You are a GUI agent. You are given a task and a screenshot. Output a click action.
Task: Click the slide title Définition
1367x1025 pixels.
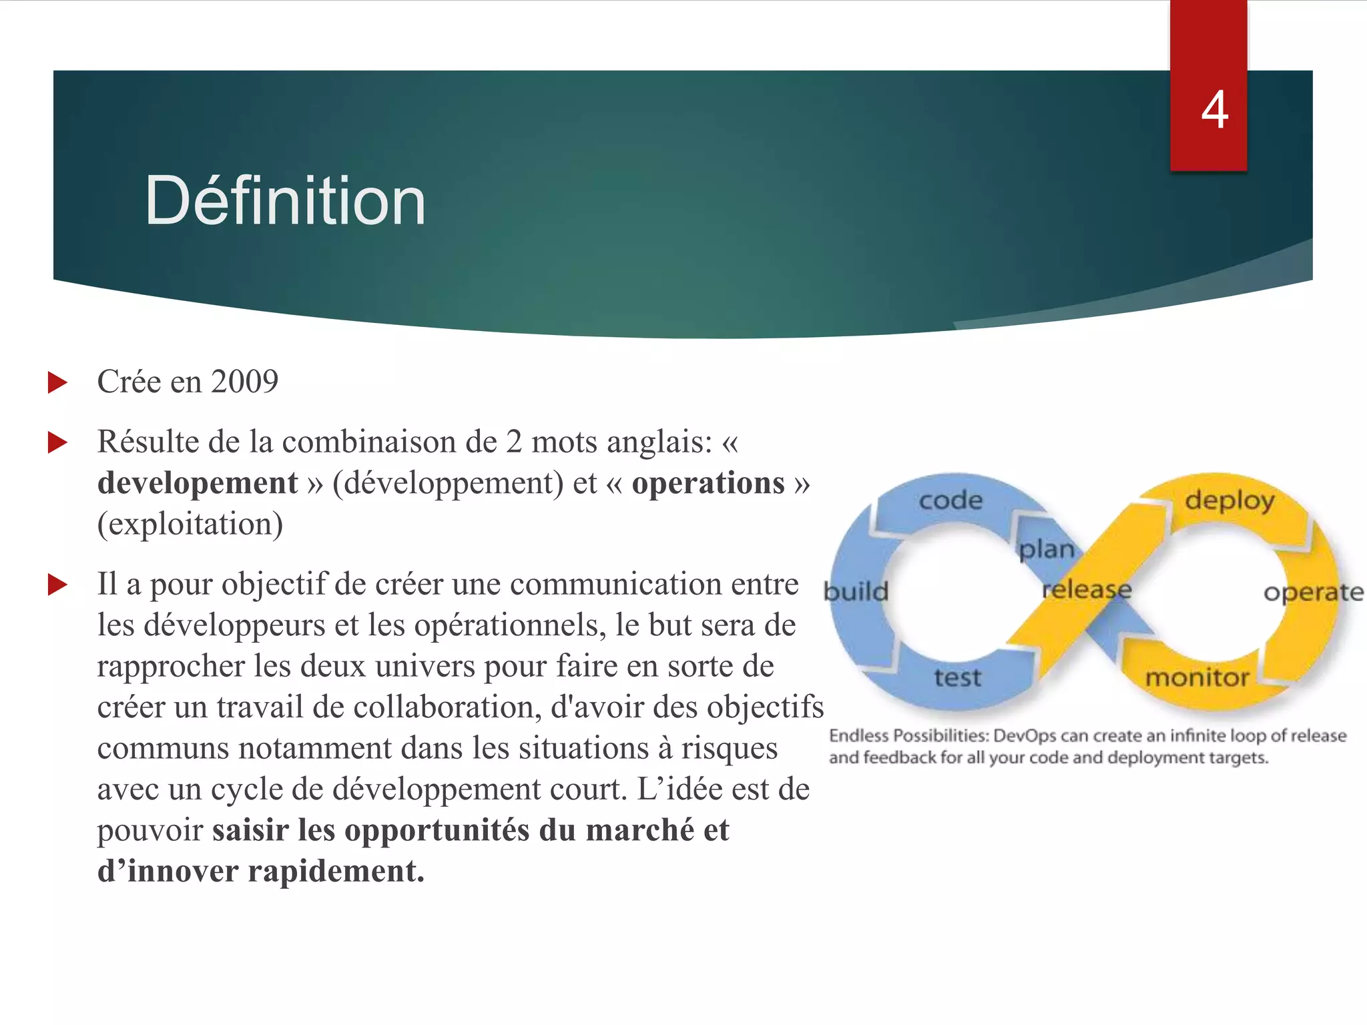(285, 200)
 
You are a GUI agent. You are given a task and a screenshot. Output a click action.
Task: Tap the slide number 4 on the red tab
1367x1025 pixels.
(1214, 110)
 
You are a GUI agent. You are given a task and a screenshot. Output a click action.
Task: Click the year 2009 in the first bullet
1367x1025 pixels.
(244, 382)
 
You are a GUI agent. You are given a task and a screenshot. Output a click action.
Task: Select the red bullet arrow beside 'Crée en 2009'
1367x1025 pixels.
(58, 383)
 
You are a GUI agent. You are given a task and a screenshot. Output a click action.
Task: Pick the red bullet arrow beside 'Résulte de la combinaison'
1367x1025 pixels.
(58, 442)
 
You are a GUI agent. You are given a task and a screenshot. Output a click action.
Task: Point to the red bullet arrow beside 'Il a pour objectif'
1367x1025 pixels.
(58, 585)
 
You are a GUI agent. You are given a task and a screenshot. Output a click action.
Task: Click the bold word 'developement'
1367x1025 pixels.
(198, 483)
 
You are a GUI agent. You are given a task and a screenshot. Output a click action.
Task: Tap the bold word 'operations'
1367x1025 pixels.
(708, 483)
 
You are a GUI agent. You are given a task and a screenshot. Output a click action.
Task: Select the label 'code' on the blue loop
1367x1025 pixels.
(950, 500)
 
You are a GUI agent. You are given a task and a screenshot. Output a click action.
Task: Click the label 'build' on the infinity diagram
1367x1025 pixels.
(856, 591)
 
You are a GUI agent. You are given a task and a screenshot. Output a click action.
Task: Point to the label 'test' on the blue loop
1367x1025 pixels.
(957, 677)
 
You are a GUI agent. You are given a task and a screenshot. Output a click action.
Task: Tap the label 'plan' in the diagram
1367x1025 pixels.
(1047, 549)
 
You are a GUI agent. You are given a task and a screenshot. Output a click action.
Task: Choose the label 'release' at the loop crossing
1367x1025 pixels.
(1087, 589)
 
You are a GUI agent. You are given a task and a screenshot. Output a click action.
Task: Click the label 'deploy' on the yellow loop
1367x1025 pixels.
(1229, 500)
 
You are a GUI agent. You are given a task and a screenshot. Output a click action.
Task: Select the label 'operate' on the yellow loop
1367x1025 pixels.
(1313, 593)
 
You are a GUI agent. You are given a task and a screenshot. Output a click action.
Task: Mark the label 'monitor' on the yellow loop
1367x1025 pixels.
(1197, 678)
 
